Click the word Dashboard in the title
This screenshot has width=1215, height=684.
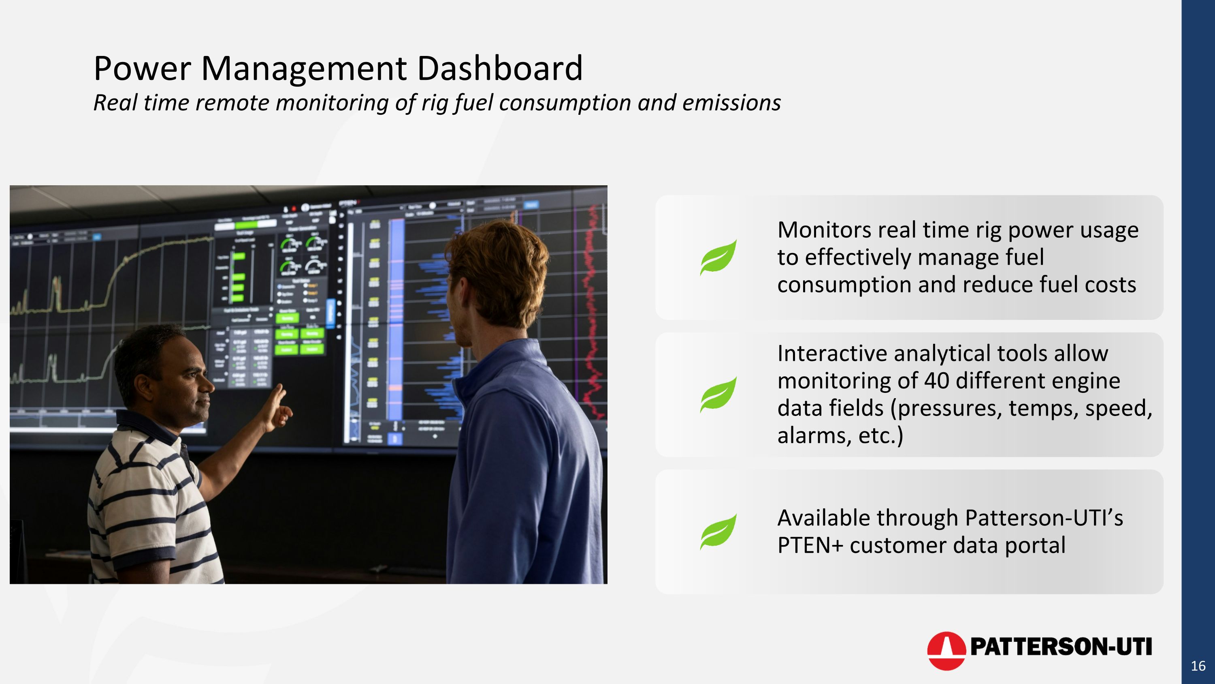[x=500, y=69]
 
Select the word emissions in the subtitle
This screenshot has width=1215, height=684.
[x=731, y=103]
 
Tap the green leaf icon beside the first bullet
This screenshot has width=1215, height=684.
[x=718, y=257]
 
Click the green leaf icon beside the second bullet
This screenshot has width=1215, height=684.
[x=718, y=395]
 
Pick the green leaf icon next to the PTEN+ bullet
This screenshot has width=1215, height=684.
[x=718, y=532]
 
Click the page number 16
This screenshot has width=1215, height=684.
[x=1198, y=666]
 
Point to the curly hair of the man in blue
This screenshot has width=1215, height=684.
[x=500, y=264]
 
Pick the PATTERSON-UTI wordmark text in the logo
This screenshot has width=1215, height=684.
[x=1060, y=647]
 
